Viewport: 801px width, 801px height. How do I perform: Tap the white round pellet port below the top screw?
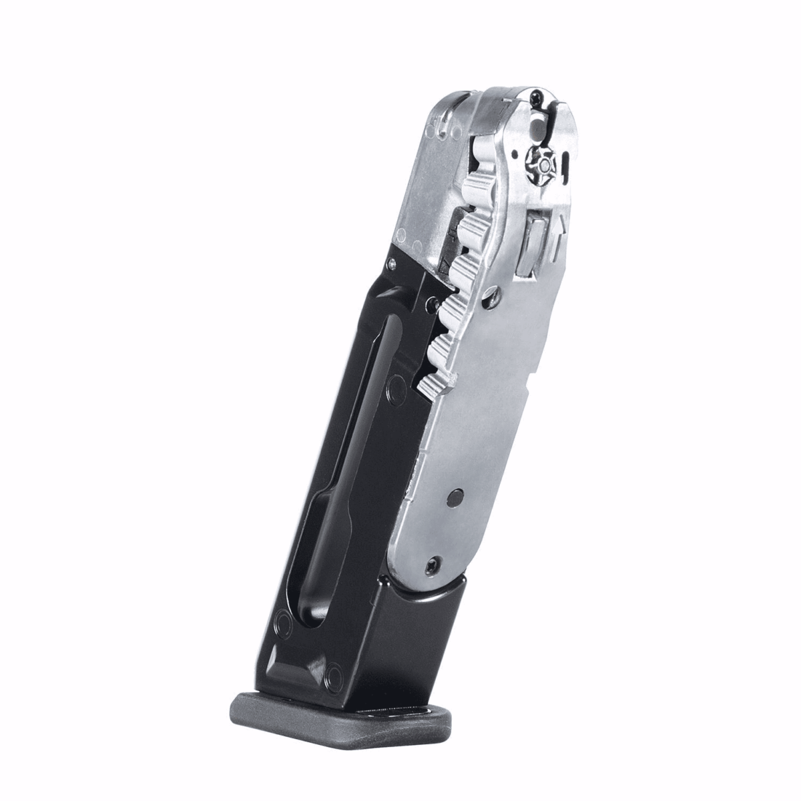[x=537, y=125]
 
